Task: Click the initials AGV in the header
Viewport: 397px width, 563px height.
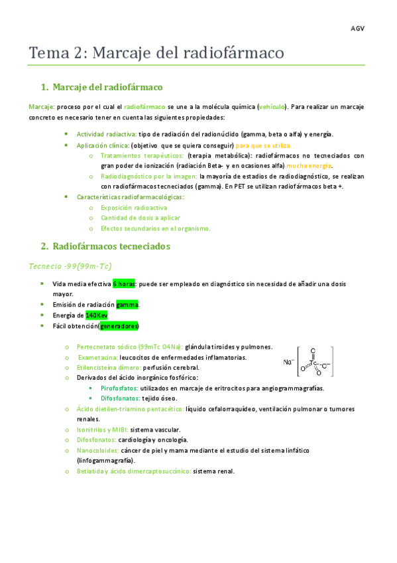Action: pos(357,29)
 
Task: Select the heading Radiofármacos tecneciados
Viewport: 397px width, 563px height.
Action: pos(111,246)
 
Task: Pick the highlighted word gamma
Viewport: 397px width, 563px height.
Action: pos(127,305)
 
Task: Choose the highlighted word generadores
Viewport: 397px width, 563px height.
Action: pos(119,326)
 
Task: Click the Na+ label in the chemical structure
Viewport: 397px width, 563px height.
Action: pos(288,362)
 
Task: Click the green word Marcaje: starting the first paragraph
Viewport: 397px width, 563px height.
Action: pos(42,106)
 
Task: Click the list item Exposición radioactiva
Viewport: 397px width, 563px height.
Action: pos(134,208)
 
